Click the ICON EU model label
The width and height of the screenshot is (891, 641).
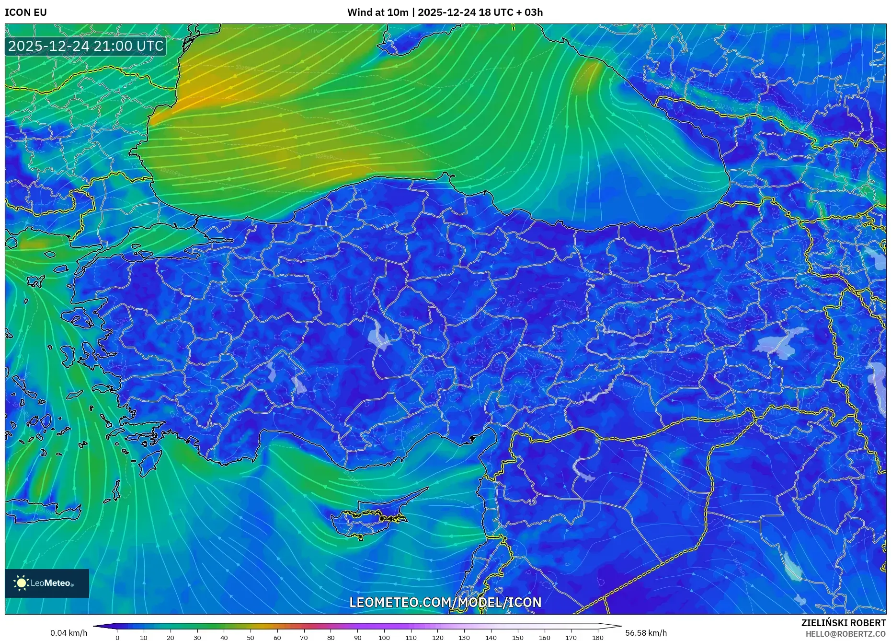[x=26, y=12]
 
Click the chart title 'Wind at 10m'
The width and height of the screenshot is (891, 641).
[x=377, y=12]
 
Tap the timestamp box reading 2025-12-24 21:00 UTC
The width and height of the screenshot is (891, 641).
[x=86, y=46]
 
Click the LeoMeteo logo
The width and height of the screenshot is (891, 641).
[x=47, y=583]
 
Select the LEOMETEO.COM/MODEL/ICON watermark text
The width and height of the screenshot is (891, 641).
[x=445, y=602]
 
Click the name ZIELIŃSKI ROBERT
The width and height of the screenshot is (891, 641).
[x=843, y=623]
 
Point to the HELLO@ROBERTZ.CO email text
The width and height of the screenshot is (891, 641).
[x=845, y=634]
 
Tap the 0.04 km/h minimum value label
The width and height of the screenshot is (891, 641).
[x=69, y=633]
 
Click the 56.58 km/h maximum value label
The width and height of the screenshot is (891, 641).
[x=646, y=633]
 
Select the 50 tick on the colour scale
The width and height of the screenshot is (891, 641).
[x=251, y=638]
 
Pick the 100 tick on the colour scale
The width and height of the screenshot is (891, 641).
[x=384, y=638]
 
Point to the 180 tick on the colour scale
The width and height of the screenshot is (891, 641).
[x=597, y=638]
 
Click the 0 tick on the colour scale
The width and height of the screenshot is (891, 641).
[x=117, y=638]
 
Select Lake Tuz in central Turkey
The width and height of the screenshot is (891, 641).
[x=379, y=336]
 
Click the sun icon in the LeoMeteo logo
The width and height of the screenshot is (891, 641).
[x=22, y=583]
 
